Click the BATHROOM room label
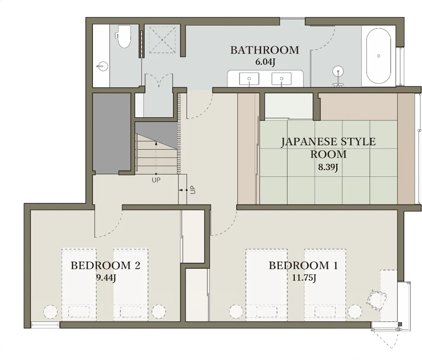click(x=265, y=50)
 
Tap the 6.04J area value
click(x=265, y=62)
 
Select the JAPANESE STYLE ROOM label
click(x=328, y=148)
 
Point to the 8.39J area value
click(x=328, y=167)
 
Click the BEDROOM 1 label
click(x=303, y=266)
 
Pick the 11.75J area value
click(x=304, y=278)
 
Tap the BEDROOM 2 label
click(x=105, y=266)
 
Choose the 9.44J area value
click(x=106, y=278)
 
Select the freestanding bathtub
click(x=379, y=56)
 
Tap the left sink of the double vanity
click(x=249, y=79)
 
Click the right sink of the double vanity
click(x=281, y=79)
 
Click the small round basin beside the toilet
click(x=102, y=66)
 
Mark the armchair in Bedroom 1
click(x=377, y=300)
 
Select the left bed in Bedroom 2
click(x=79, y=285)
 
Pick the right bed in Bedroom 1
click(x=325, y=285)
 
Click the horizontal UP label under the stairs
click(x=156, y=180)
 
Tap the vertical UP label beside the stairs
click(x=193, y=190)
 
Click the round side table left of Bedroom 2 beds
click(x=50, y=312)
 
